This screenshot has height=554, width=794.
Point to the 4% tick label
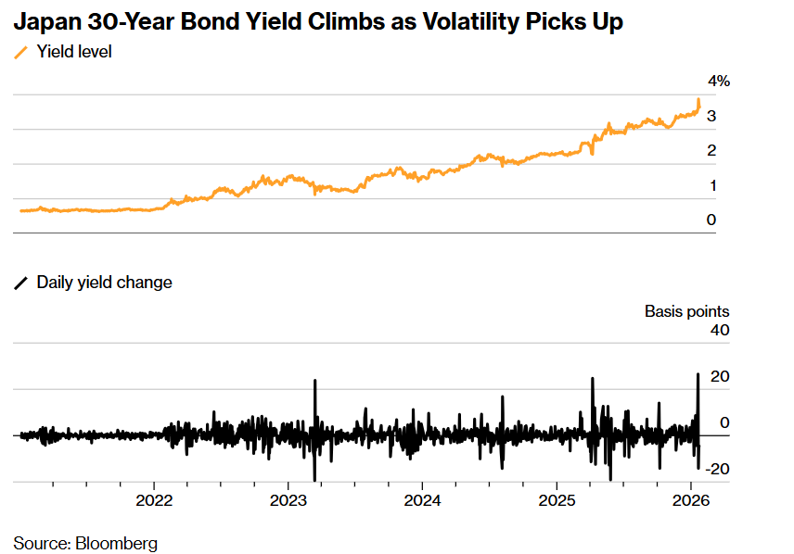719,82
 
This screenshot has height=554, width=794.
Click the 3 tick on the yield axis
711,117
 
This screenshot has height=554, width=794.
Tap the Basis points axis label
686,311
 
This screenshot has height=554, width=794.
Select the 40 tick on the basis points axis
719,330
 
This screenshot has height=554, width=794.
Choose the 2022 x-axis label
154,501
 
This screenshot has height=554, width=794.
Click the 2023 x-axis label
288,501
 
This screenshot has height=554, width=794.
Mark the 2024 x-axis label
422,501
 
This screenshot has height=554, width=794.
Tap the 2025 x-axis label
557,501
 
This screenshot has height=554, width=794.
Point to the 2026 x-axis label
690,501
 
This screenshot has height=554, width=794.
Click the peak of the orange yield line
698,100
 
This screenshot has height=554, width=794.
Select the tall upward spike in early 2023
315,382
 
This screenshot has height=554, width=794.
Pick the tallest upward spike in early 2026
698,374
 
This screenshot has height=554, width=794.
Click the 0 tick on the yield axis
711,220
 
